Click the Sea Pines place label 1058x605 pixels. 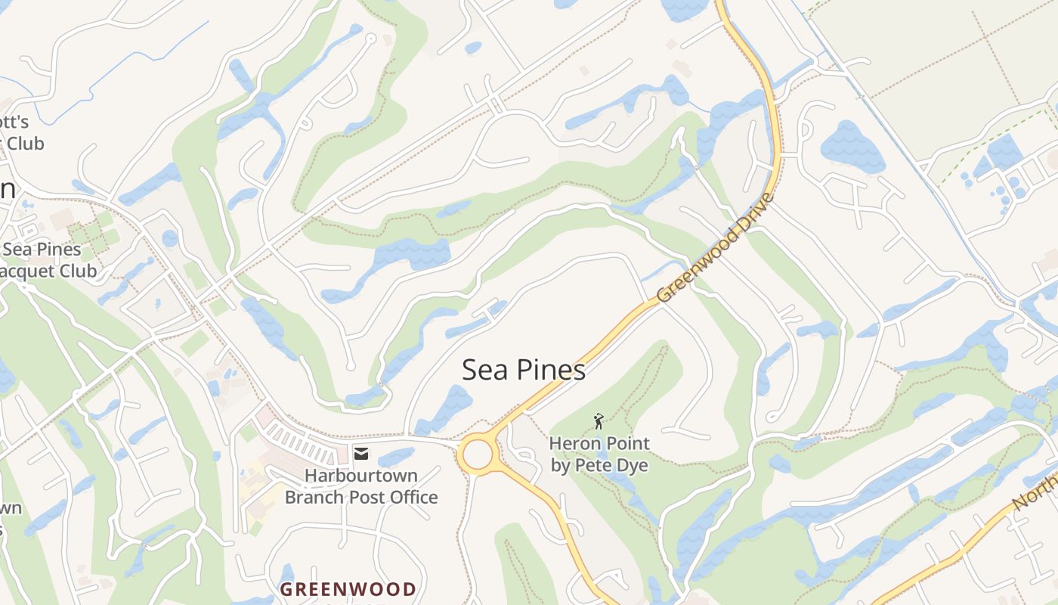[x=523, y=370]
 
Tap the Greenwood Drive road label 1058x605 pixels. [x=716, y=247]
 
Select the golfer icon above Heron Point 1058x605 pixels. [x=599, y=420]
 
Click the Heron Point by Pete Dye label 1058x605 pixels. [x=599, y=454]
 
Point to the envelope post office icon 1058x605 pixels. [x=361, y=453]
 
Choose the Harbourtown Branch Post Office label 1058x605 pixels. [x=361, y=486]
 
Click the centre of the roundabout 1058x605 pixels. [x=478, y=455]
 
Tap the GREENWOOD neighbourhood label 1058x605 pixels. [x=348, y=589]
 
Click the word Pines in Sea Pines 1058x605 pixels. [x=551, y=370]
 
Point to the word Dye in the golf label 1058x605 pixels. [x=633, y=465]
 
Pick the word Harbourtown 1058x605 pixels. [x=361, y=476]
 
